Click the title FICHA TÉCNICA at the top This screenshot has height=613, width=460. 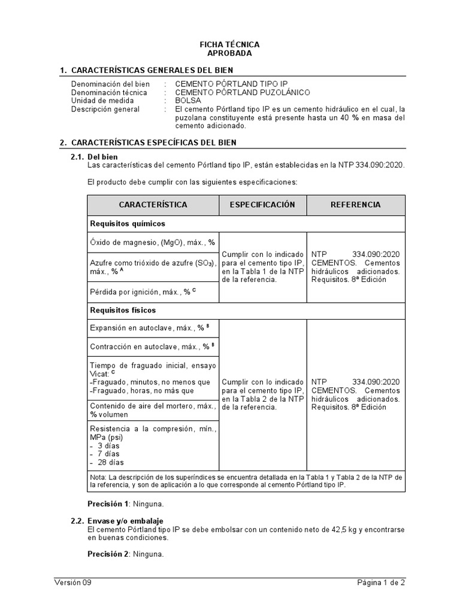click(229, 45)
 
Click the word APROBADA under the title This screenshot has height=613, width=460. click(229, 53)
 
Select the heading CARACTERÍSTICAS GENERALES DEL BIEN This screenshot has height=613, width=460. click(152, 70)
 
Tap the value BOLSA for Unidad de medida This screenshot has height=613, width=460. click(188, 101)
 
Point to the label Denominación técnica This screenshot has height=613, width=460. click(109, 93)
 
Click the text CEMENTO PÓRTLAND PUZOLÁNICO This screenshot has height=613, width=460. click(242, 93)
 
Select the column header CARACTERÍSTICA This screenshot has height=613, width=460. click(153, 205)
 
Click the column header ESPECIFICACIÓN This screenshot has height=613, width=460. click(263, 205)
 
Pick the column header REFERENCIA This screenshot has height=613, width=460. click(356, 205)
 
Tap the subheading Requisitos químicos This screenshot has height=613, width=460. click(127, 223)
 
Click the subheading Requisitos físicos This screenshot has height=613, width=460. click(123, 310)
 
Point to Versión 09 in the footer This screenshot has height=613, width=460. click(73, 582)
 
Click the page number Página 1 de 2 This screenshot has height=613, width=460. click(381, 582)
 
